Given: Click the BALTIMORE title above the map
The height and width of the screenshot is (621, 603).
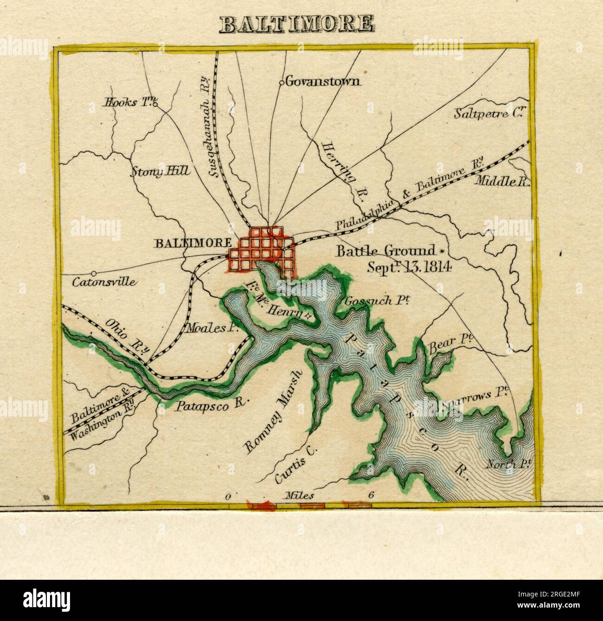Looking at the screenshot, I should click(x=297, y=24).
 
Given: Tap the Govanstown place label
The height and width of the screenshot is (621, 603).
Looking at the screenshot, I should click(x=322, y=82).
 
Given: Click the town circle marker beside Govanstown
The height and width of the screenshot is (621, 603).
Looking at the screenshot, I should click(x=281, y=83).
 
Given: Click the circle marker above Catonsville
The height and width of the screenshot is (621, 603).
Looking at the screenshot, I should click(x=94, y=273).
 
